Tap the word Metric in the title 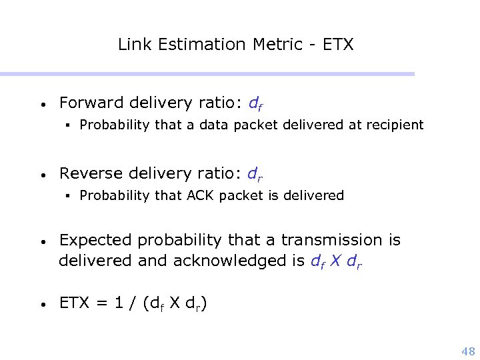(x=275, y=45)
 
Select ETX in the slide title (x=338, y=45)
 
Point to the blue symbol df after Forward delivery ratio (x=255, y=103)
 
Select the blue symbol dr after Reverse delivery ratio (x=255, y=174)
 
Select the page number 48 (x=468, y=352)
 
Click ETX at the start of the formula (x=73, y=304)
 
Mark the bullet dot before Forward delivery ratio (x=42, y=105)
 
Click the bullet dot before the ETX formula (x=42, y=305)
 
